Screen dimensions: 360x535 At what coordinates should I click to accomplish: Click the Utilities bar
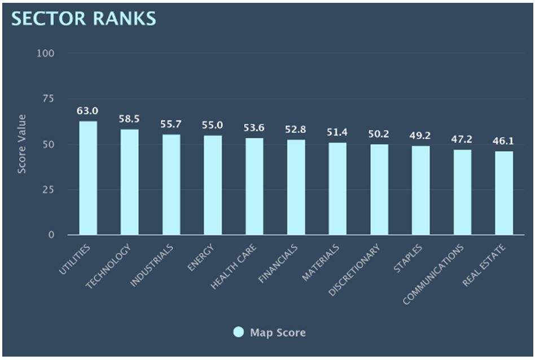pos(88,178)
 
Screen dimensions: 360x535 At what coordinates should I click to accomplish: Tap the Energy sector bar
pos(213,185)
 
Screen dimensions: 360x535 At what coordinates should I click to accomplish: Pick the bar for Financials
pos(296,187)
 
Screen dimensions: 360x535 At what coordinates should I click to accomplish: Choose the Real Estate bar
pos(504,193)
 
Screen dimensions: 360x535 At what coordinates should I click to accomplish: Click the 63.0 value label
pos(88,111)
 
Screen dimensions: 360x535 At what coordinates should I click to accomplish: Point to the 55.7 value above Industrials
pos(171,124)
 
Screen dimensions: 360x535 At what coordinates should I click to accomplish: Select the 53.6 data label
pos(255,128)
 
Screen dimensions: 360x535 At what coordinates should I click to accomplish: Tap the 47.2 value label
pos(462,139)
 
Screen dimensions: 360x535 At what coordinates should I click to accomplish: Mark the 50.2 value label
pos(379,134)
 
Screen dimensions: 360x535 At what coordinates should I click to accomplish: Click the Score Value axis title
pos(21,144)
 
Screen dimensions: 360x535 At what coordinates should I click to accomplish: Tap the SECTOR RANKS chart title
pos(84,18)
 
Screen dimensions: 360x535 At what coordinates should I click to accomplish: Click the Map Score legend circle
pos(239,332)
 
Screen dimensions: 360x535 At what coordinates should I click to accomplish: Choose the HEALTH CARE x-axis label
pos(235,266)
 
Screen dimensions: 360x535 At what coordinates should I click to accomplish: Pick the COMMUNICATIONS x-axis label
pos(435,273)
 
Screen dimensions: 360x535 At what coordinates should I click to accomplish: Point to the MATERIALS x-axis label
pos(322,262)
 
